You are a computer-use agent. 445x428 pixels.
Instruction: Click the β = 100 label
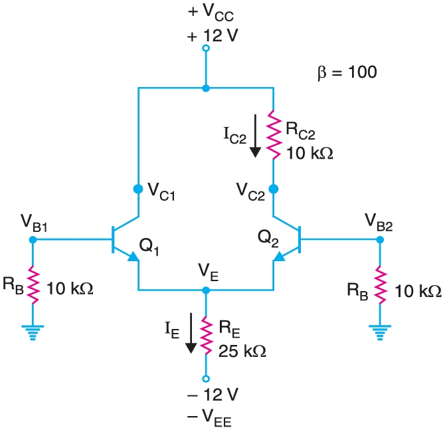click(347, 72)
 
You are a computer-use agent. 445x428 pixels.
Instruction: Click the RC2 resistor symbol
click(273, 135)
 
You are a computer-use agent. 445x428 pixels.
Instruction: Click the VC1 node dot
click(138, 189)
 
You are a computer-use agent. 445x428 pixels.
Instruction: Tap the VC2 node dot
click(273, 189)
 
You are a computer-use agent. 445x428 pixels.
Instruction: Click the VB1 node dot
click(32, 239)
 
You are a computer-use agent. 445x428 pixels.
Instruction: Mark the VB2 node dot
click(379, 239)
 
